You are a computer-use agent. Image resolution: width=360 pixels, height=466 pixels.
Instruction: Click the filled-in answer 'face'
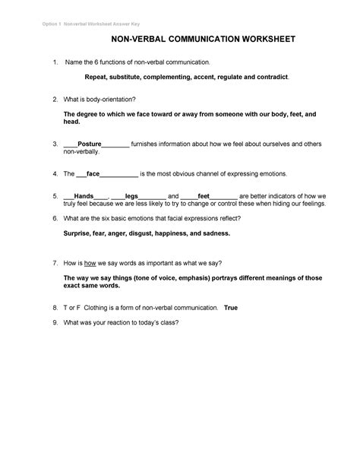point(93,173)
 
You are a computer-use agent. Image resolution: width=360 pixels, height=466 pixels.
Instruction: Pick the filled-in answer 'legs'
point(131,195)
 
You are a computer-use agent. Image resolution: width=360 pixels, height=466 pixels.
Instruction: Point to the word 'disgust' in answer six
point(141,233)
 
